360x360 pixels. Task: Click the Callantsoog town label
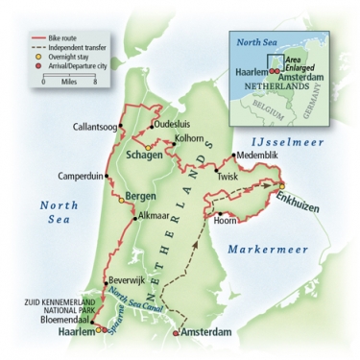pyautogui.click(x=98, y=127)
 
